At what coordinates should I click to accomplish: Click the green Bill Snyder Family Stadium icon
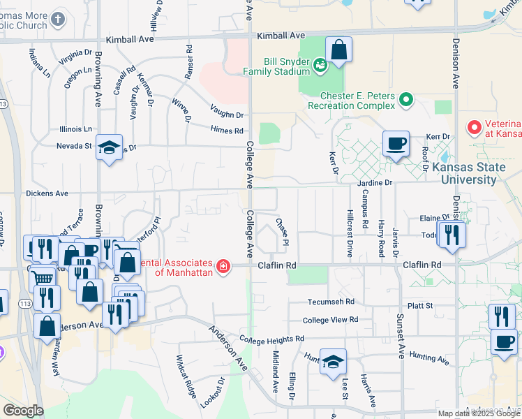[x=320, y=66]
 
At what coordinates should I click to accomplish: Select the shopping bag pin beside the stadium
[x=338, y=51]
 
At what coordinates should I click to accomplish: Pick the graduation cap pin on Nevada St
[x=110, y=148]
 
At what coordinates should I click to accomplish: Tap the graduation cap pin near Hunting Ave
[x=334, y=362]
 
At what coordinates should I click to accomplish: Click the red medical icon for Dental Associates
[x=223, y=266]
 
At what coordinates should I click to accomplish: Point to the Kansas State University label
[x=464, y=173]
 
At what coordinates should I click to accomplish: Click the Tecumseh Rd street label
[x=331, y=302]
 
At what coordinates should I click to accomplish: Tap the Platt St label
[x=420, y=306]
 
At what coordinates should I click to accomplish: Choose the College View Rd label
[x=330, y=320]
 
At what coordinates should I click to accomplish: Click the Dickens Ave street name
[x=47, y=193]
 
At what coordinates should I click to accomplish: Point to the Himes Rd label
[x=228, y=130]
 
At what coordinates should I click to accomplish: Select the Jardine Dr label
[x=375, y=183]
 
